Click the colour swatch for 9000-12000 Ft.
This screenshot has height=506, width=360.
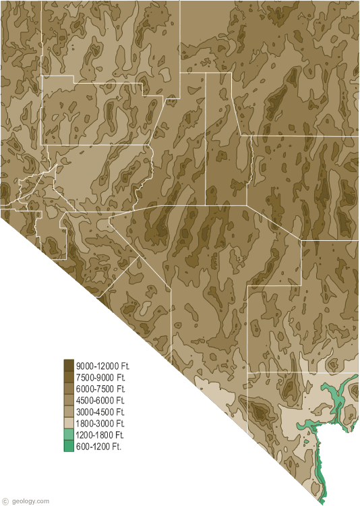(x=69, y=365)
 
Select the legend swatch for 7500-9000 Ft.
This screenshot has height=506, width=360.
(x=69, y=376)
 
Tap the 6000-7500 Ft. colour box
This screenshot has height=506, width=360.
(x=69, y=389)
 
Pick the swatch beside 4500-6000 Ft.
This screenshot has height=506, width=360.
(x=69, y=400)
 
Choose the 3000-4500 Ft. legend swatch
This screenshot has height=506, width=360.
(x=69, y=412)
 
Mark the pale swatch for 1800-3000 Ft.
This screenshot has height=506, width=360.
(x=69, y=423)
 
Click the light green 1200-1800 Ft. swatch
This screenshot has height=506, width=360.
(x=69, y=434)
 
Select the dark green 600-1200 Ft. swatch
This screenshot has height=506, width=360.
(x=69, y=446)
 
